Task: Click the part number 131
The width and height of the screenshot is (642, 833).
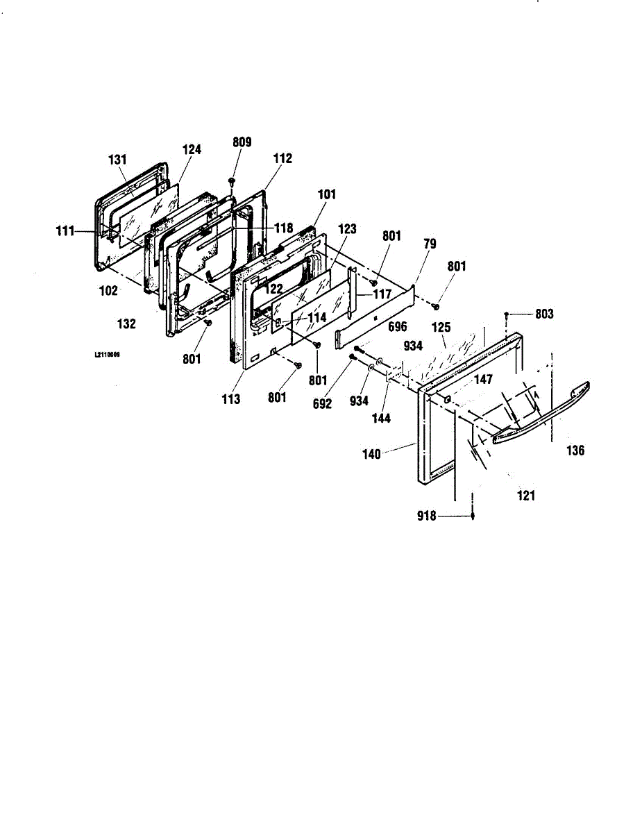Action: coord(118,160)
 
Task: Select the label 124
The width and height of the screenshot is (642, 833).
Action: coord(192,149)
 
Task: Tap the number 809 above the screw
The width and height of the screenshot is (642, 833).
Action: coord(242,142)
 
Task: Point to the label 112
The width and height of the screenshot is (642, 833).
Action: coord(282,158)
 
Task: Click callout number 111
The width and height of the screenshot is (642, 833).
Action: coord(65,231)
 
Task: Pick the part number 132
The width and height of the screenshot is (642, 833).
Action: coord(126,323)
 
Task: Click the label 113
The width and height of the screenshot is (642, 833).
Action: coord(231,399)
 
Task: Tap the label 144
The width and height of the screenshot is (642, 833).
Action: coord(381,418)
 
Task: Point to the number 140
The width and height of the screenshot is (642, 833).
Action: coord(372,454)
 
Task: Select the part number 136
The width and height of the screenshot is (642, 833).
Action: coord(575,451)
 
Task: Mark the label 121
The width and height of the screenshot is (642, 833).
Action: coord(527,496)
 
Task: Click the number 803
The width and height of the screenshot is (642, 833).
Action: coord(544,314)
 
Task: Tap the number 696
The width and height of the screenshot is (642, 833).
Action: coord(397,326)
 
